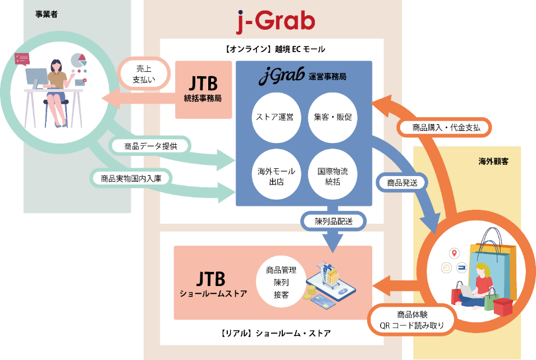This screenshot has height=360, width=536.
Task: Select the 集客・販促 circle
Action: coord(333,117)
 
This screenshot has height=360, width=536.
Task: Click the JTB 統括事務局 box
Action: coord(203,90)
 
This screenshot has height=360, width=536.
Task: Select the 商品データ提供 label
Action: coord(150,146)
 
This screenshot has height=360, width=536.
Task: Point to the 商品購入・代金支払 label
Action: coord(446,127)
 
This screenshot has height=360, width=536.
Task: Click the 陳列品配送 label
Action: coord(333,221)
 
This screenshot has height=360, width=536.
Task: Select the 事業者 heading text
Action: coord(47,14)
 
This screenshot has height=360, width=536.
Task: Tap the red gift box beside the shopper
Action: coord(502,306)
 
